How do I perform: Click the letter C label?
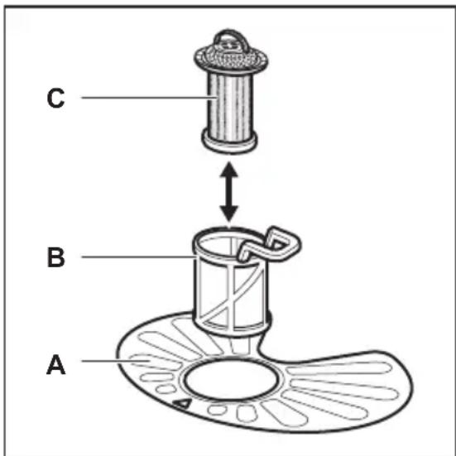tap(55, 98)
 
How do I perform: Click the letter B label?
tap(55, 257)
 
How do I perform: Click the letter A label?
tap(55, 364)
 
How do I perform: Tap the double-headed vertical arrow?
tap(229, 192)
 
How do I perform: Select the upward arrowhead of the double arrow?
tap(229, 170)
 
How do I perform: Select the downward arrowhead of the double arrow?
tap(229, 214)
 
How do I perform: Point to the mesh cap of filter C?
tap(231, 59)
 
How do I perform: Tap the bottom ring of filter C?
tap(229, 142)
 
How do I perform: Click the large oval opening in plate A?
tap(230, 380)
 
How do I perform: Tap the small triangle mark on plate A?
tap(183, 403)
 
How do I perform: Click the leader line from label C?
tap(149, 98)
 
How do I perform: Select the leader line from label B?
tap(139, 257)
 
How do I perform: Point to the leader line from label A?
tap(116, 361)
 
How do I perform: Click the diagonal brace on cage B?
tap(233, 294)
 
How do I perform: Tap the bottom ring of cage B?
tap(231, 328)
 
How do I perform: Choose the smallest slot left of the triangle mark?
tap(166, 389)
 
